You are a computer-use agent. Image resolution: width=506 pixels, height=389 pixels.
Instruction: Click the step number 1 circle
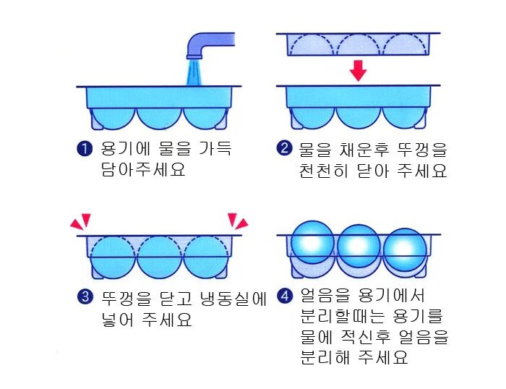(85, 149)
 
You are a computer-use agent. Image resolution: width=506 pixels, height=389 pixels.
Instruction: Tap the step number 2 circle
(284, 148)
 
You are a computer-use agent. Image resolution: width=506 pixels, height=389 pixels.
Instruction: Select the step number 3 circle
(85, 296)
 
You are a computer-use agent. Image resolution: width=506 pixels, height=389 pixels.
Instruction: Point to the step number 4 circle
(285, 296)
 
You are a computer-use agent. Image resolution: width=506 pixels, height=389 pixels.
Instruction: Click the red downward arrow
(359, 70)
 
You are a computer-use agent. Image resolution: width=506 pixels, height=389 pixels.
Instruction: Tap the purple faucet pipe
(207, 43)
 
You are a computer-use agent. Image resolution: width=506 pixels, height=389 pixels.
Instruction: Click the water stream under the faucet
(194, 72)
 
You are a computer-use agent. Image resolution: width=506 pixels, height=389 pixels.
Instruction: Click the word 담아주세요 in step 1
(143, 169)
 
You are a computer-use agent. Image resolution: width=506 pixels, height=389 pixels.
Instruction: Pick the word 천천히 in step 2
(323, 171)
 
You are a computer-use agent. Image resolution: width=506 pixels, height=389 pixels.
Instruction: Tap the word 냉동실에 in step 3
(233, 299)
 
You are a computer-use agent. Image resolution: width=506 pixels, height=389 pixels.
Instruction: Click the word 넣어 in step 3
(117, 320)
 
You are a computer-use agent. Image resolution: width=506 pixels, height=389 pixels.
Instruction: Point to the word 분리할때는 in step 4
(343, 316)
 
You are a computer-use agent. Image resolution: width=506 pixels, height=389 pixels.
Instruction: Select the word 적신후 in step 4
(365, 336)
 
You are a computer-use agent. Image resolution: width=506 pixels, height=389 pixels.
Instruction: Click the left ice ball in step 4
(312, 242)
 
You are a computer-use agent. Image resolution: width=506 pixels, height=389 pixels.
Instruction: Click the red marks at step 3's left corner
(81, 221)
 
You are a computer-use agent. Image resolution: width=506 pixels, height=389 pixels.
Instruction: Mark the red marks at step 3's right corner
(238, 221)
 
